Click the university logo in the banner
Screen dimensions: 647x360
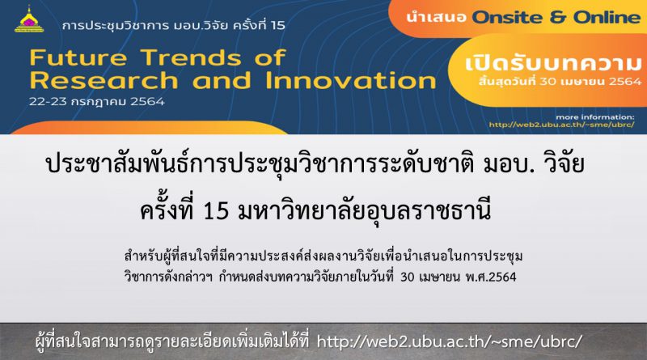tap(29, 19)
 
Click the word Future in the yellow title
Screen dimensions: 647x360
tap(78, 57)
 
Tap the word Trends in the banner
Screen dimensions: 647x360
tap(191, 57)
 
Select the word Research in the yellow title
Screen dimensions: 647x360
tap(104, 81)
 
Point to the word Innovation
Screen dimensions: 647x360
tap(351, 81)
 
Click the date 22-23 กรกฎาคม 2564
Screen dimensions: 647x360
tap(96, 102)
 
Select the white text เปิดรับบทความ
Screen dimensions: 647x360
tap(554, 63)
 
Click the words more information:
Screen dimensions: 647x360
tap(595, 116)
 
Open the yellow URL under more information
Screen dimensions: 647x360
tap(561, 125)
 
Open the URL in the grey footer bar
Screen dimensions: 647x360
tap(450, 341)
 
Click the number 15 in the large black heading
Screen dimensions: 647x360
tap(216, 210)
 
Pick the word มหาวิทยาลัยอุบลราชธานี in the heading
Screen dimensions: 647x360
tap(365, 210)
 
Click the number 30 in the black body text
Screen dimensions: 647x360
tap(407, 277)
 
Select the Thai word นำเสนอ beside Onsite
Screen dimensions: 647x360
tap(436, 18)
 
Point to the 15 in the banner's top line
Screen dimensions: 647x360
tap(278, 26)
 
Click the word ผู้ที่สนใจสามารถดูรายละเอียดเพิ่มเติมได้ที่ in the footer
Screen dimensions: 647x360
tap(172, 341)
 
